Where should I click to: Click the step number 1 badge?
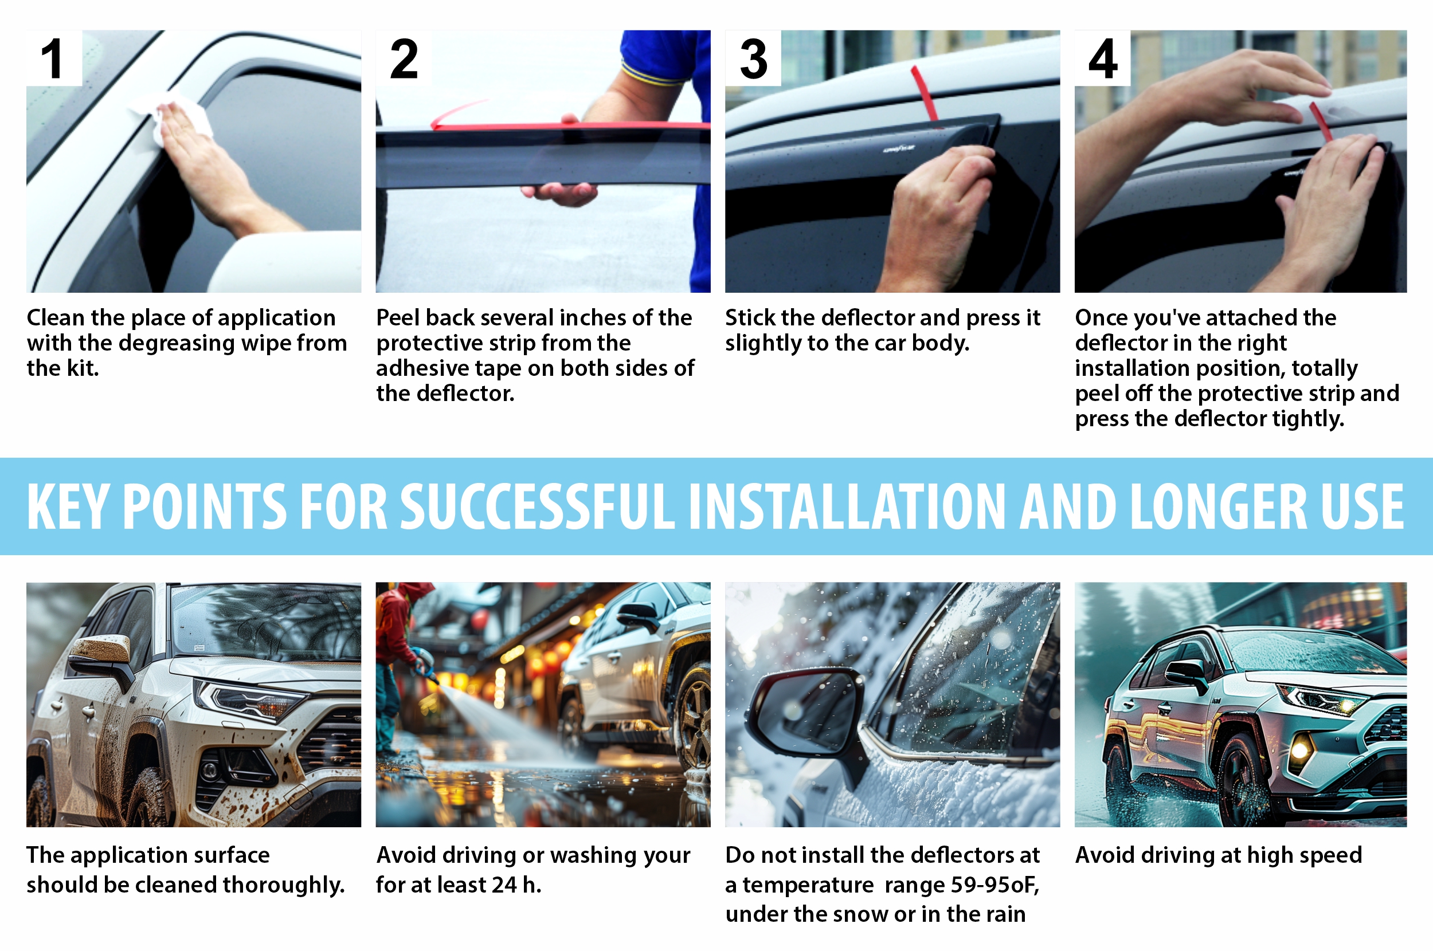pyautogui.click(x=53, y=58)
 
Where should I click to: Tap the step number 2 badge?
pyautogui.click(x=404, y=58)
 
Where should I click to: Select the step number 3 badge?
pyautogui.click(x=753, y=58)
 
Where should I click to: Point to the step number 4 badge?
pyautogui.click(x=1102, y=58)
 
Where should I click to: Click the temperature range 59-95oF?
pyautogui.click(x=995, y=886)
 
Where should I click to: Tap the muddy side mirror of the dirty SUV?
pyautogui.click(x=100, y=652)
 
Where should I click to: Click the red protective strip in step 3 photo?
pyautogui.click(x=925, y=94)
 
